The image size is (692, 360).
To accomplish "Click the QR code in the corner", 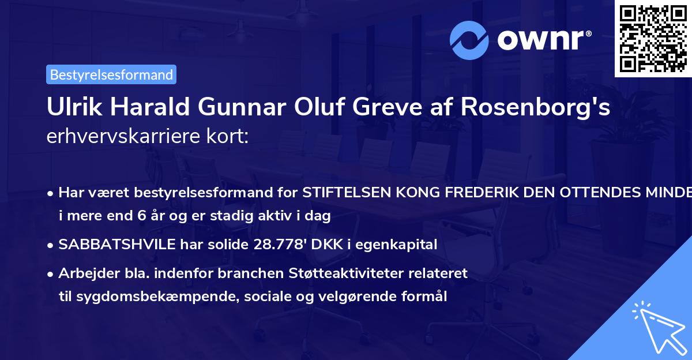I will click(x=653, y=38).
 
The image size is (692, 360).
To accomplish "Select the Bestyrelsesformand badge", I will click(x=111, y=74).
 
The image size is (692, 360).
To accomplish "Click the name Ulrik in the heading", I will click(x=72, y=107).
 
